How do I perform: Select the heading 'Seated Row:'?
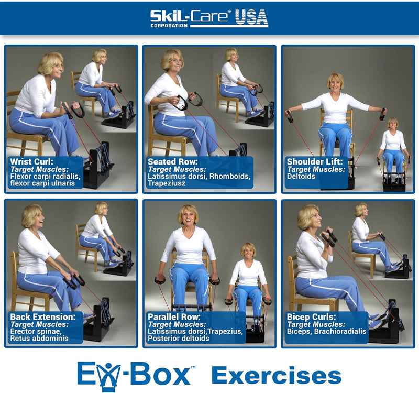pyautogui.click(x=173, y=161)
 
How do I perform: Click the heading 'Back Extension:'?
pyautogui.click(x=41, y=316)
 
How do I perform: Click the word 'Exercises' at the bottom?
pyautogui.click(x=276, y=376)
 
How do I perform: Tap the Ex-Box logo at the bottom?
pyautogui.click(x=134, y=375)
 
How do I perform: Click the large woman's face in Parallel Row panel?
pyautogui.click(x=188, y=215)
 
